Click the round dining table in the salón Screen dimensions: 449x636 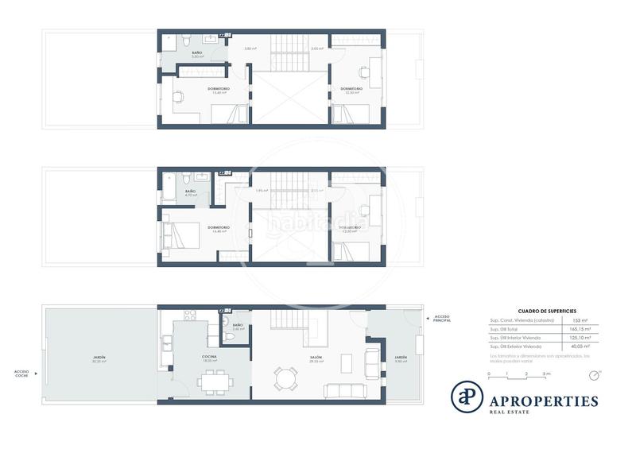[x=285, y=377]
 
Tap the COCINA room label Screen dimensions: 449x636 [x=210, y=358]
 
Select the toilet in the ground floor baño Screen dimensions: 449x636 [x=230, y=337]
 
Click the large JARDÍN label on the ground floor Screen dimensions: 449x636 [x=99, y=358]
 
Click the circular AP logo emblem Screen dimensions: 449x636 [x=467, y=397]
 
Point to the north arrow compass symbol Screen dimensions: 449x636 [x=598, y=372]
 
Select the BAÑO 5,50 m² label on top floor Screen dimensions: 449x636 [x=196, y=55]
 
